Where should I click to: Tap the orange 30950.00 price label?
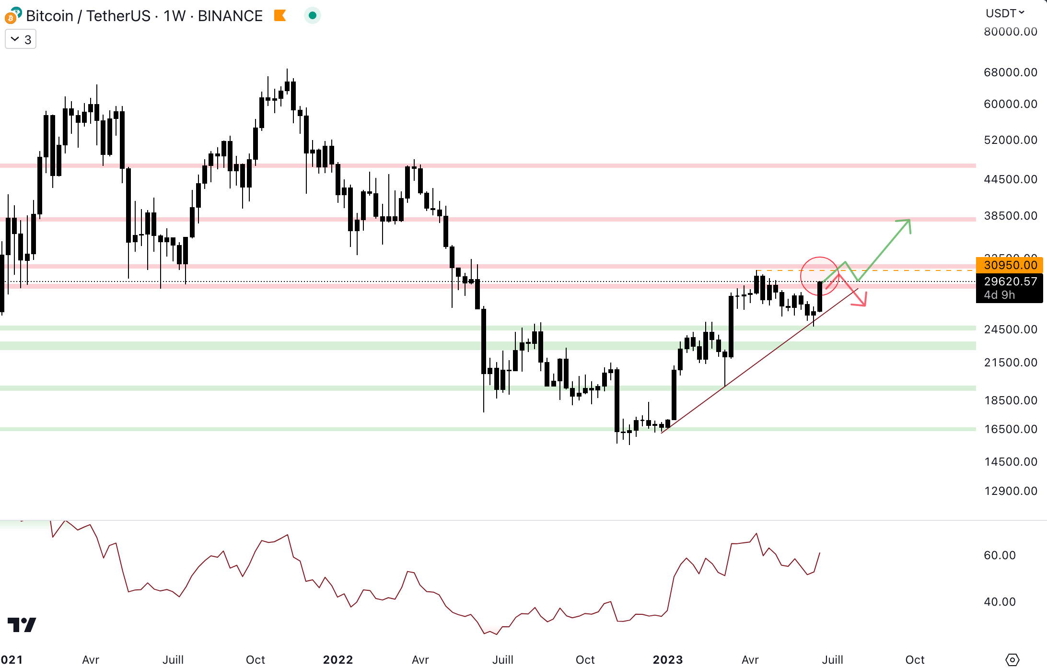[1010, 265]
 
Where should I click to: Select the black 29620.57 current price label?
[1010, 282]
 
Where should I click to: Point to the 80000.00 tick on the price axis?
[1010, 32]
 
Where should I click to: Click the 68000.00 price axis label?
[1010, 72]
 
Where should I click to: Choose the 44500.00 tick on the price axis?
[1010, 179]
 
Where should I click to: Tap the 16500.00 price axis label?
[1010, 429]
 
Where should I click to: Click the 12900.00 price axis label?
[1010, 491]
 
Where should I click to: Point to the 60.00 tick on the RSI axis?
[1000, 555]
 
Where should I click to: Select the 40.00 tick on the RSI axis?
[1000, 602]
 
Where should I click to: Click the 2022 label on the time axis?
[338, 660]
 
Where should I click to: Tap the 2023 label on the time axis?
[667, 660]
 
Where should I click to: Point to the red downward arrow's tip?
[864, 305]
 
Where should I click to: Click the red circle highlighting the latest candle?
[820, 276]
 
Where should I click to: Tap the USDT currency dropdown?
[1005, 13]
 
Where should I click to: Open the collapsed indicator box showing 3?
[21, 39]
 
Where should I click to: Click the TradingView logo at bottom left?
[22, 624]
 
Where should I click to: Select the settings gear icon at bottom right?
[1012, 660]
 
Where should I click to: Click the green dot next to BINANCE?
[313, 16]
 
